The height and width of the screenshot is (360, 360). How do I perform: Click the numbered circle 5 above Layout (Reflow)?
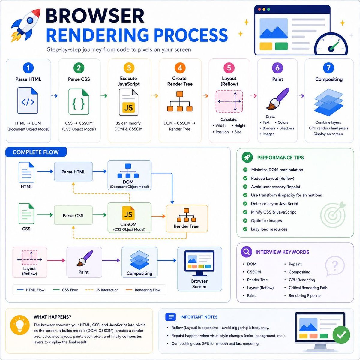(x=229, y=68)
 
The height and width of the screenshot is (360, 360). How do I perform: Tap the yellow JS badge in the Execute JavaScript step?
(x=128, y=107)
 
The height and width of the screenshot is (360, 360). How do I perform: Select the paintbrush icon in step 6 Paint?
(x=277, y=99)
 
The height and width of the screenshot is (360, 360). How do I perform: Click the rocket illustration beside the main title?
(x=25, y=25)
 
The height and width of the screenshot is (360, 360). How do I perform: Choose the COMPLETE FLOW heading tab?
(x=36, y=152)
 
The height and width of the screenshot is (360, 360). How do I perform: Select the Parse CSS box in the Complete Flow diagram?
(x=73, y=215)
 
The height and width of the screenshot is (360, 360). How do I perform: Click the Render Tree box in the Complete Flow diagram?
(x=187, y=219)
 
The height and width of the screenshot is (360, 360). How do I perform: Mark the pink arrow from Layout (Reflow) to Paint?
(x=56, y=260)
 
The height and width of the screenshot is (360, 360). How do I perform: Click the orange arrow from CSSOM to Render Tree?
(x=158, y=216)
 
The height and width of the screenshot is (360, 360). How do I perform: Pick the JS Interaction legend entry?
(x=102, y=290)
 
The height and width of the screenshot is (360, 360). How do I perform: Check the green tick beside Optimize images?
(x=245, y=220)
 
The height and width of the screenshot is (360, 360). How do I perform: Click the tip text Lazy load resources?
(x=269, y=229)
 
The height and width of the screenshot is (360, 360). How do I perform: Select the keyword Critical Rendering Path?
(x=308, y=288)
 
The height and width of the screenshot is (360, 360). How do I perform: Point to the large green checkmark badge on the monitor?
(x=341, y=335)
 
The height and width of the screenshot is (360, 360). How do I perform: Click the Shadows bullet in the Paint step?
(x=286, y=128)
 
